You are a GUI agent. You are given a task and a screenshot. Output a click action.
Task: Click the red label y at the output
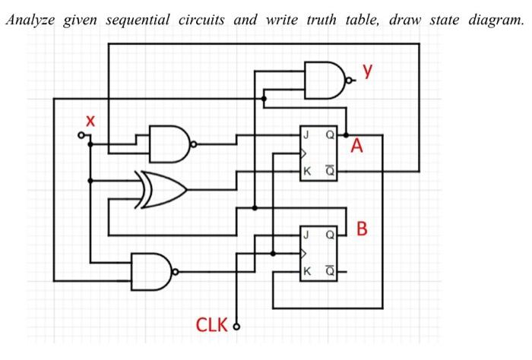coord(368,71)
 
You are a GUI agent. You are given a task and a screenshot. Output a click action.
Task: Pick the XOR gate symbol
coord(160,189)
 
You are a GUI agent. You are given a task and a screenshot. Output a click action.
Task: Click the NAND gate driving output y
coord(326,80)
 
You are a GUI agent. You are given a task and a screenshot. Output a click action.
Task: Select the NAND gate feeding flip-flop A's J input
coord(171,144)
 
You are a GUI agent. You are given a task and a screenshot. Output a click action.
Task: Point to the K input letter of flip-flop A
coord(306,172)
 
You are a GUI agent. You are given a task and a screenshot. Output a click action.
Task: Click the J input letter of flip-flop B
coord(306,235)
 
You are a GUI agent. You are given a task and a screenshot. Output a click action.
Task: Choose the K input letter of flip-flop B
coord(306,271)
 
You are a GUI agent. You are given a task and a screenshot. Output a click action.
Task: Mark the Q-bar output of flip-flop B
coord(330,271)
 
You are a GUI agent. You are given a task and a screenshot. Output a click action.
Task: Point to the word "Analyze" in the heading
coord(30,19)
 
